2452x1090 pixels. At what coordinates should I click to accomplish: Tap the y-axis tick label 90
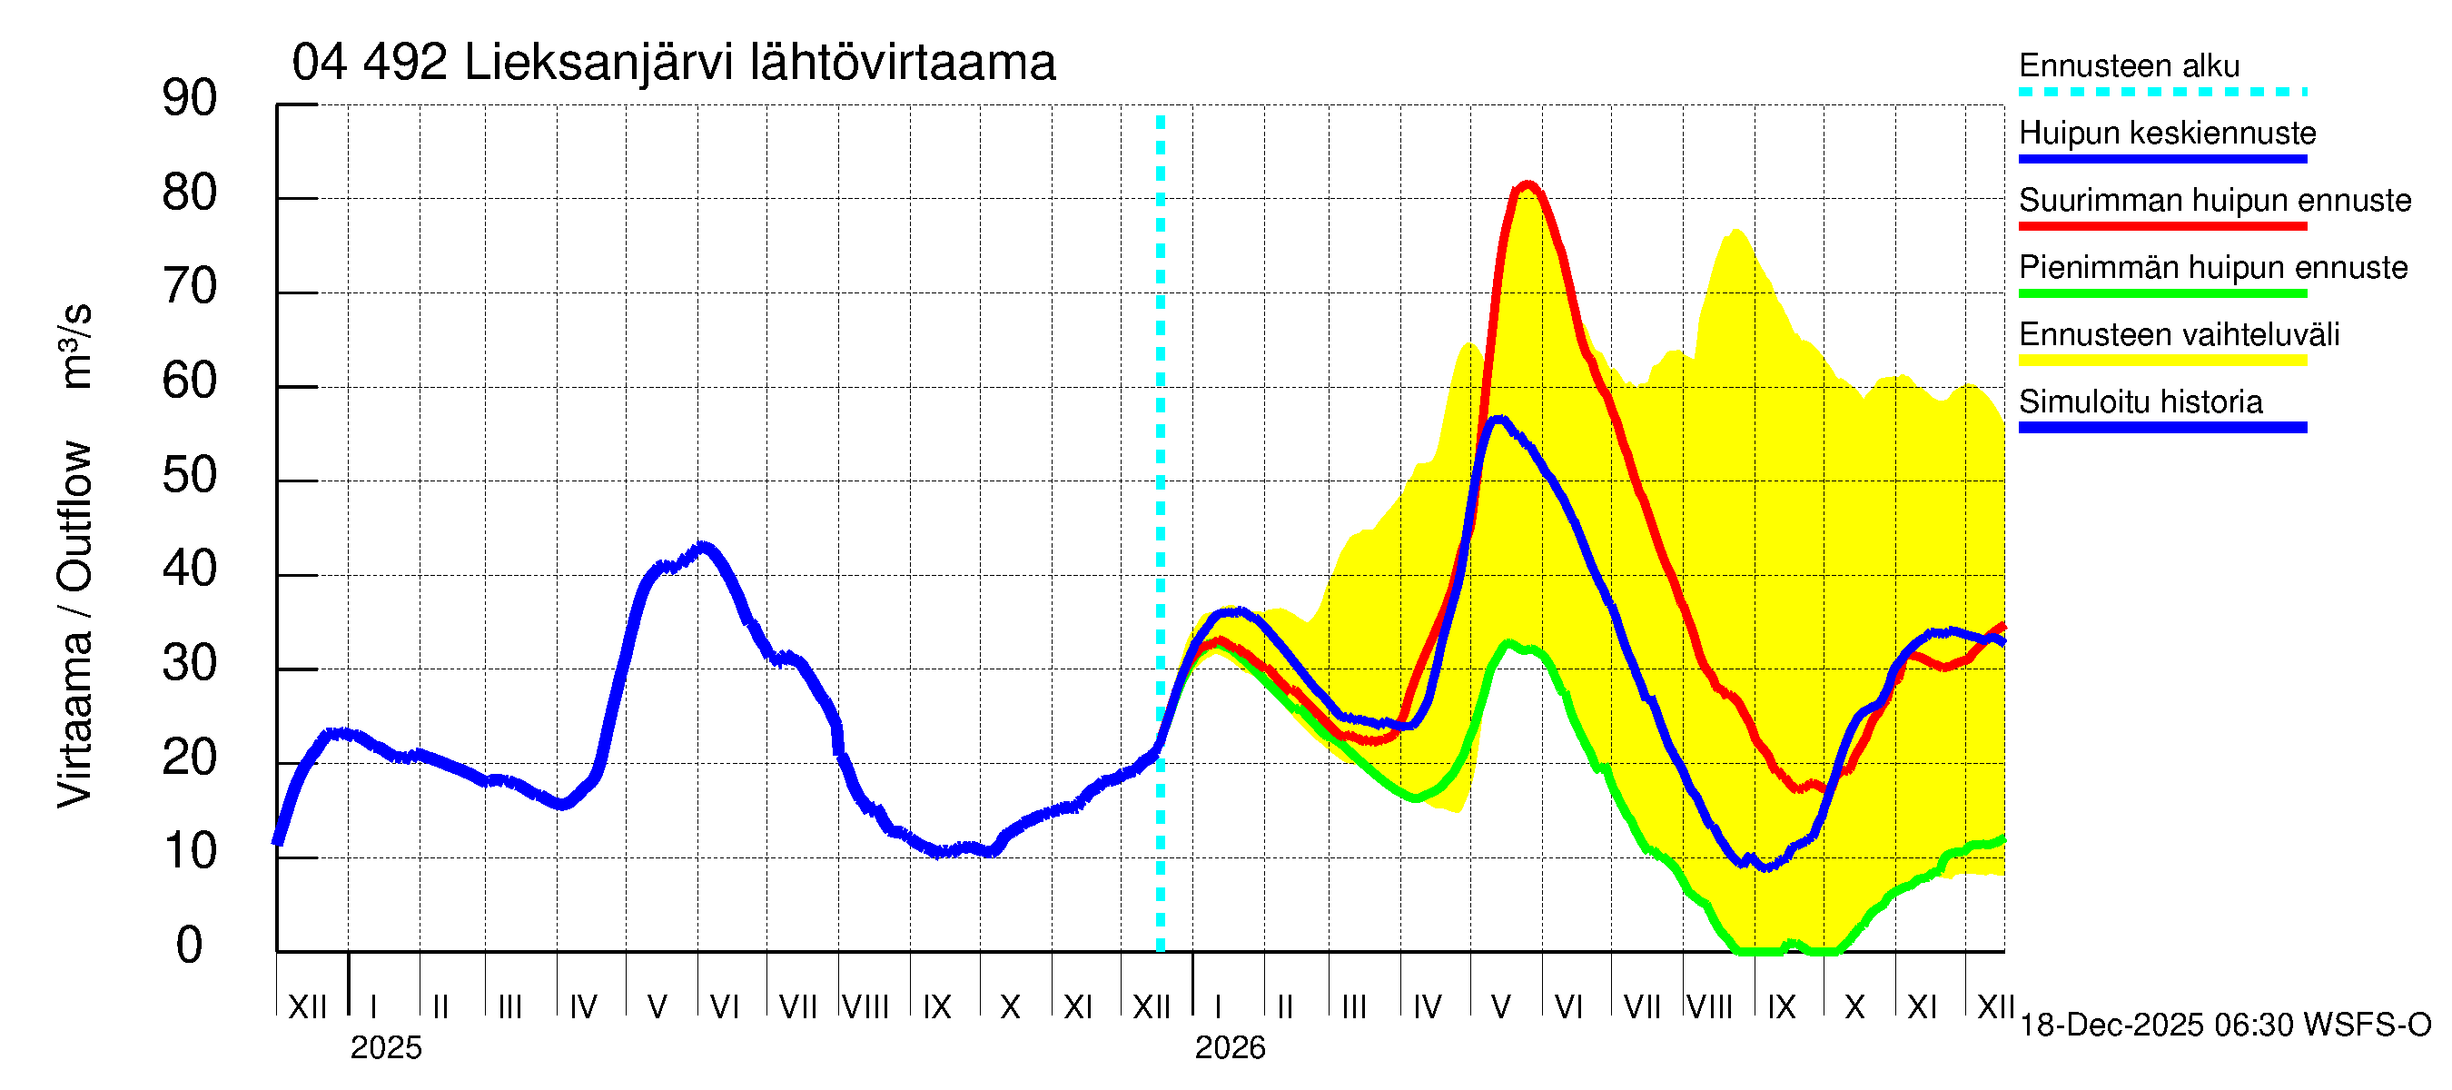190,98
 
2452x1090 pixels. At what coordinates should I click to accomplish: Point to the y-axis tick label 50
190,475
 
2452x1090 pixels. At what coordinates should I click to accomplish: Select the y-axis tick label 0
190,946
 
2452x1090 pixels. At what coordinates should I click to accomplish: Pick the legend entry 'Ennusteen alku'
2129,65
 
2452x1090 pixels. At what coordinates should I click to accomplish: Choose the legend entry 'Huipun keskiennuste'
2167,133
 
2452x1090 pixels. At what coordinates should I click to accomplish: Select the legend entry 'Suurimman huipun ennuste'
2214,200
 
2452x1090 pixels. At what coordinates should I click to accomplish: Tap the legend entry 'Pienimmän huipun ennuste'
2212,267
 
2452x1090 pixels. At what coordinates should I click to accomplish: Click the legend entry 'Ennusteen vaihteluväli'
2178,334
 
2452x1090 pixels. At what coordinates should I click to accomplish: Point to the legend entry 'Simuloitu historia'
2140,401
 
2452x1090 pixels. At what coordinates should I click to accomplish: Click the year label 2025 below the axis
385,1048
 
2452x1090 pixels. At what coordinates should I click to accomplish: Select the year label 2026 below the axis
1230,1048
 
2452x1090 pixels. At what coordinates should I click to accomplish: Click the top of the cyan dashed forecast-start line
1161,119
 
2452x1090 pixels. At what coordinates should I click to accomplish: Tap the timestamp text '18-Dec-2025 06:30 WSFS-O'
2224,1026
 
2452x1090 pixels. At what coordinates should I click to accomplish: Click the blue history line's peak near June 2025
704,547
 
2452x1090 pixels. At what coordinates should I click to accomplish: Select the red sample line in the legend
2161,226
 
